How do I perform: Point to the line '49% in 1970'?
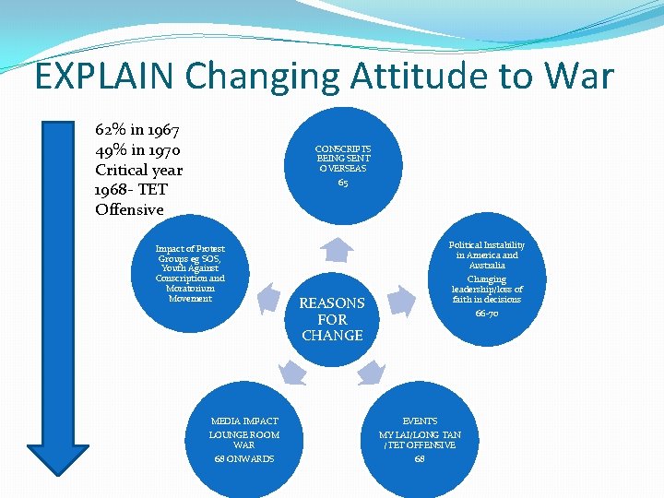point(138,150)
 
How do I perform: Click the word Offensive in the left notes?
point(129,210)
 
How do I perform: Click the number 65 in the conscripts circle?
point(343,183)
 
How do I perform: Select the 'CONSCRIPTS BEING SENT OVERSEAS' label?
point(343,159)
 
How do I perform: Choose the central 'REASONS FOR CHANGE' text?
point(332,319)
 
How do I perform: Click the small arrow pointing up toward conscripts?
point(341,249)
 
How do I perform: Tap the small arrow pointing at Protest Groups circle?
point(268,297)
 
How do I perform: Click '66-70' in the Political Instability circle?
point(487,314)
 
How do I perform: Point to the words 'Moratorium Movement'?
point(190,293)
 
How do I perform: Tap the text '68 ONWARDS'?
point(243,459)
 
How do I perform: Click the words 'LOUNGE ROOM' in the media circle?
point(243,434)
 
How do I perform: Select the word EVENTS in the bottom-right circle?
point(420,421)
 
